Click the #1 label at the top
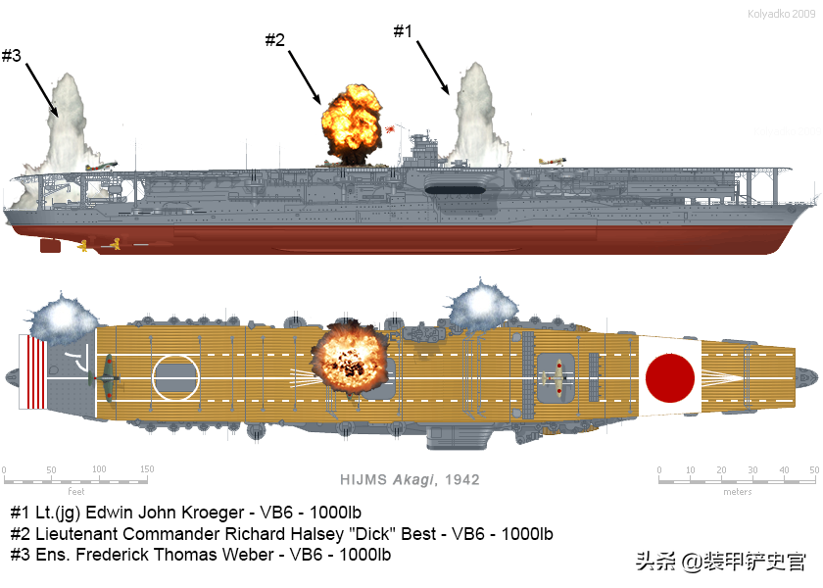click(x=403, y=31)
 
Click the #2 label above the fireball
click(x=274, y=40)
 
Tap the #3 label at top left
click(x=11, y=56)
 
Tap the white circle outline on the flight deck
click(x=176, y=375)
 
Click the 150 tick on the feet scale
click(x=146, y=469)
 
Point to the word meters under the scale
click(x=737, y=492)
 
